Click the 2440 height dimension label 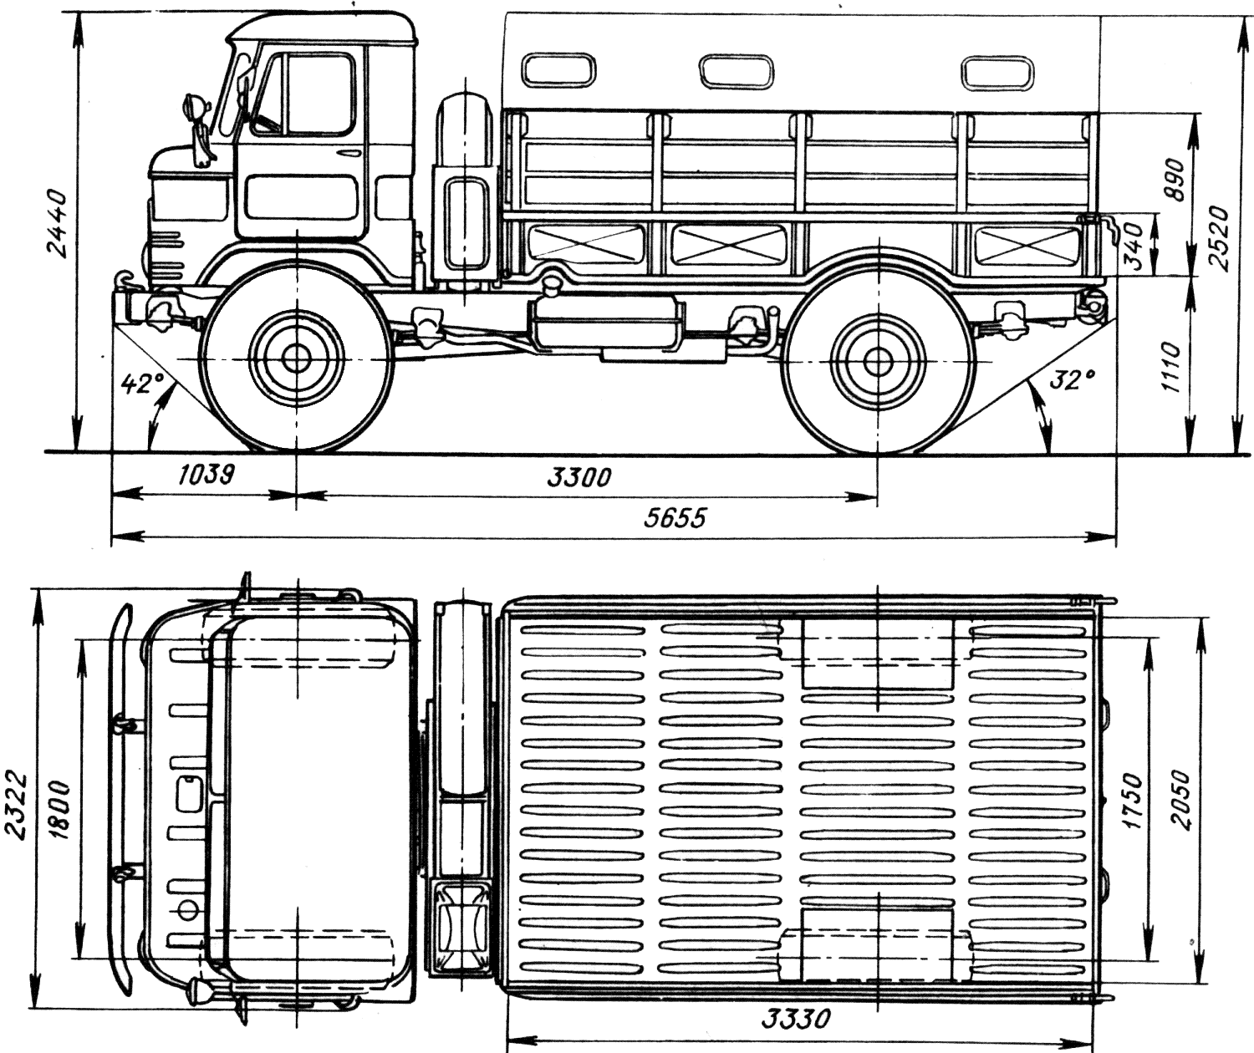click(58, 223)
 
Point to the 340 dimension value click(1134, 247)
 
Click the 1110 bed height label click(1172, 368)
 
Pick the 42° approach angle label click(142, 383)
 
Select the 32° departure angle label click(1072, 379)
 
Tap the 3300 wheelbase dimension click(579, 477)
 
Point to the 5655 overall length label click(674, 517)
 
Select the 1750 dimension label click(1132, 801)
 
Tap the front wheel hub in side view click(295, 359)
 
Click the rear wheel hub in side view click(878, 360)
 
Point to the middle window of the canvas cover click(736, 72)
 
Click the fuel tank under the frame click(605, 323)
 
